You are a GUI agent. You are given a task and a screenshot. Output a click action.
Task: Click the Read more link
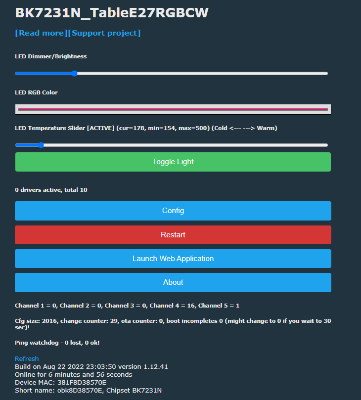pos(41,33)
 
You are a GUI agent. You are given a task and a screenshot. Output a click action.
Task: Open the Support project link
pos(104,33)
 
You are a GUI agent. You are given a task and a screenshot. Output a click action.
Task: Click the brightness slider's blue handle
pos(74,74)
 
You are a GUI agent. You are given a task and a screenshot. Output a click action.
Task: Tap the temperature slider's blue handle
pos(41,145)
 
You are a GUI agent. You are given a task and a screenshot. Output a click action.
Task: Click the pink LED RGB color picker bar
pos(173,109)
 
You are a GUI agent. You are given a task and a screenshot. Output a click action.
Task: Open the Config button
pos(173,211)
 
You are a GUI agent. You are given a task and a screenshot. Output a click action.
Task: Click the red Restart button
pos(173,235)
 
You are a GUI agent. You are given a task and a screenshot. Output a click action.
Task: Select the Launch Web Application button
pos(173,259)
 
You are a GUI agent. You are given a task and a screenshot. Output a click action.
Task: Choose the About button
pos(173,282)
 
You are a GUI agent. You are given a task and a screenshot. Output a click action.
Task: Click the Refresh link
pos(27,358)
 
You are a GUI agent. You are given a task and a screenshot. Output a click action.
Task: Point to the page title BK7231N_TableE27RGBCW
pos(112,13)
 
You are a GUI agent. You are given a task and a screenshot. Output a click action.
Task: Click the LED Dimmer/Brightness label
pos(51,56)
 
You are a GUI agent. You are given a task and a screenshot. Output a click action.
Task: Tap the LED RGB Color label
pos(36,92)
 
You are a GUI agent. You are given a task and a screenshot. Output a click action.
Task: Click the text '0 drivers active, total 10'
pos(51,190)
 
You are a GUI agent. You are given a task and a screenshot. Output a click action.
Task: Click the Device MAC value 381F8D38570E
pos(82,382)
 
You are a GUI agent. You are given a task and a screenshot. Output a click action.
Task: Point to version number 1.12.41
pos(156,366)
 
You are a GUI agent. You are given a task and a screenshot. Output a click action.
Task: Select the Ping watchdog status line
pos(57,343)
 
